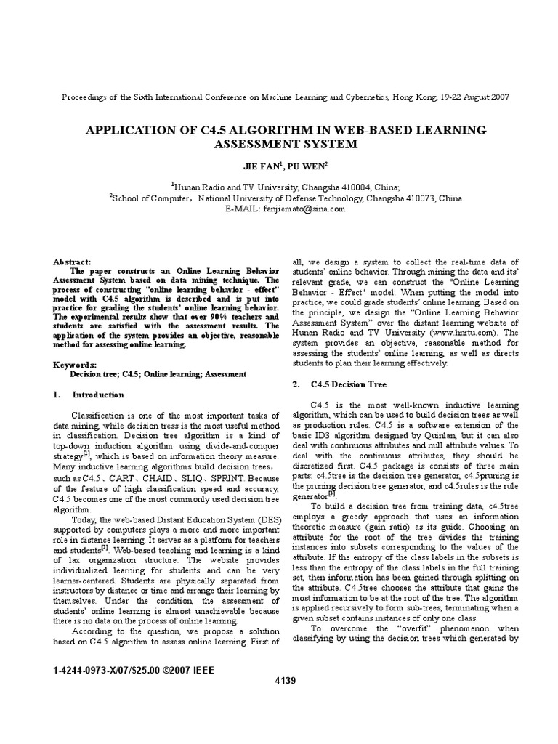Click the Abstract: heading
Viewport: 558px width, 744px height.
73,262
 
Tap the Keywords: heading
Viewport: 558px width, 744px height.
76,364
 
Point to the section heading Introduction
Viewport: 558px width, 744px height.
98,395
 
